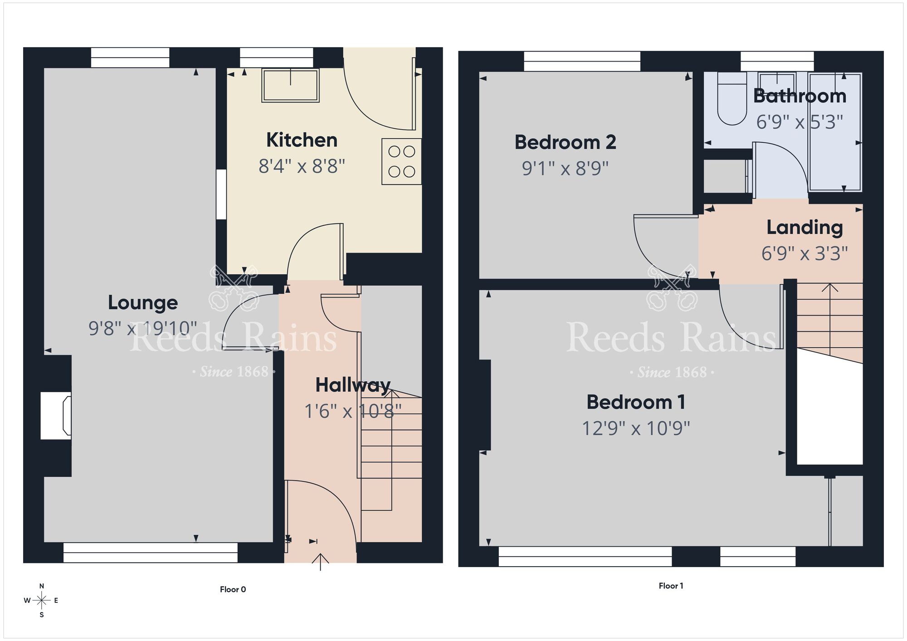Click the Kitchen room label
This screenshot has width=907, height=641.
coord(302,140)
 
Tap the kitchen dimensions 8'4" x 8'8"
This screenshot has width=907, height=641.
coord(302,166)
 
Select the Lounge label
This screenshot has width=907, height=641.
coord(142,303)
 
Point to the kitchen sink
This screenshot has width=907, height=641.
coord(290,85)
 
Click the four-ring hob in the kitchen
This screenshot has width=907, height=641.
coord(401,161)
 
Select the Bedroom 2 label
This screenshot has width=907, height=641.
coord(565,143)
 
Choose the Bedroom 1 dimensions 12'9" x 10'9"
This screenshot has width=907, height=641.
coord(636,428)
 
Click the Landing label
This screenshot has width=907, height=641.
coord(805,228)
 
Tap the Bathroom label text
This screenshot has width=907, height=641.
coord(800,96)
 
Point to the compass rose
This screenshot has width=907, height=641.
coord(42,601)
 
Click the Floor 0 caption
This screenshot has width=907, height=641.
coord(233,589)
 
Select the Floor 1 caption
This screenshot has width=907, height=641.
coord(671,586)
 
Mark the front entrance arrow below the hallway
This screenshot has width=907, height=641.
coord(321,561)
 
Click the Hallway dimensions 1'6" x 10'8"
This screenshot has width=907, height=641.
coord(352,412)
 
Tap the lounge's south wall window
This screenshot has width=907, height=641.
coord(150,552)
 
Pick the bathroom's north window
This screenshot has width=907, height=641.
coord(777,61)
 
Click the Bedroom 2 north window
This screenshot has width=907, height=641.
coord(582,61)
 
